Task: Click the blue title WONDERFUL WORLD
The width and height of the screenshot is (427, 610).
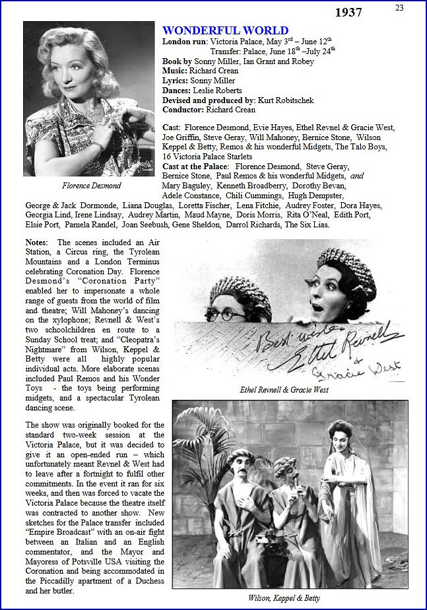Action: pyautogui.click(x=225, y=30)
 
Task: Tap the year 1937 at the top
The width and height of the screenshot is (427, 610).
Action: pyautogui.click(x=348, y=13)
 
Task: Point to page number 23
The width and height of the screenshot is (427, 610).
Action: pyautogui.click(x=399, y=7)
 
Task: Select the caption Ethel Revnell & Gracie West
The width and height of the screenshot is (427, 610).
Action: pyautogui.click(x=284, y=390)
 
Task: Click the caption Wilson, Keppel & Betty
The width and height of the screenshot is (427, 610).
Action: pyautogui.click(x=284, y=597)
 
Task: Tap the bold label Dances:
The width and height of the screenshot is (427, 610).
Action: pyautogui.click(x=177, y=90)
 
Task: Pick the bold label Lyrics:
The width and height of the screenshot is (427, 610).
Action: pyautogui.click(x=176, y=80)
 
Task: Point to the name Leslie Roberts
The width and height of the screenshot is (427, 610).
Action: pyautogui.click(x=217, y=90)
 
